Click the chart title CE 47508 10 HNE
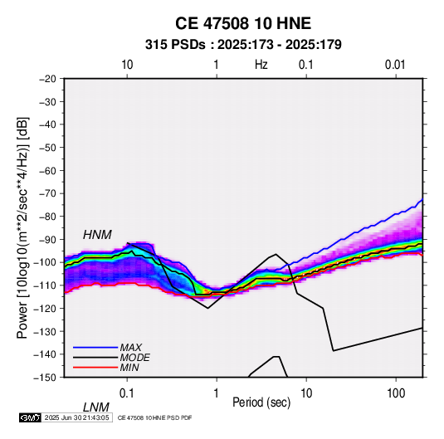(243, 23)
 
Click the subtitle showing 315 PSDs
(243, 45)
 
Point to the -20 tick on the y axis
(47, 79)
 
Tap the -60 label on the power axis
(47, 170)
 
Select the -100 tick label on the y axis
(46, 262)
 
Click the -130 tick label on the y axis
(46, 331)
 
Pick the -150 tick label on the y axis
(46, 378)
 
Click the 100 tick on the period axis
(396, 393)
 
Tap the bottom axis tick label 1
(217, 393)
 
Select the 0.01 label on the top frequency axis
(395, 65)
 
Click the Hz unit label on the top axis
(261, 65)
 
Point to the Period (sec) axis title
(261, 402)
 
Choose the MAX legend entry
(131, 347)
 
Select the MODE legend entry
(134, 358)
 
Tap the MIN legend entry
(129, 368)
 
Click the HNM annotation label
(97, 235)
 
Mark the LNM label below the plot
(95, 407)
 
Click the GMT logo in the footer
(31, 417)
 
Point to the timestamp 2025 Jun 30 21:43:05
(76, 417)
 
